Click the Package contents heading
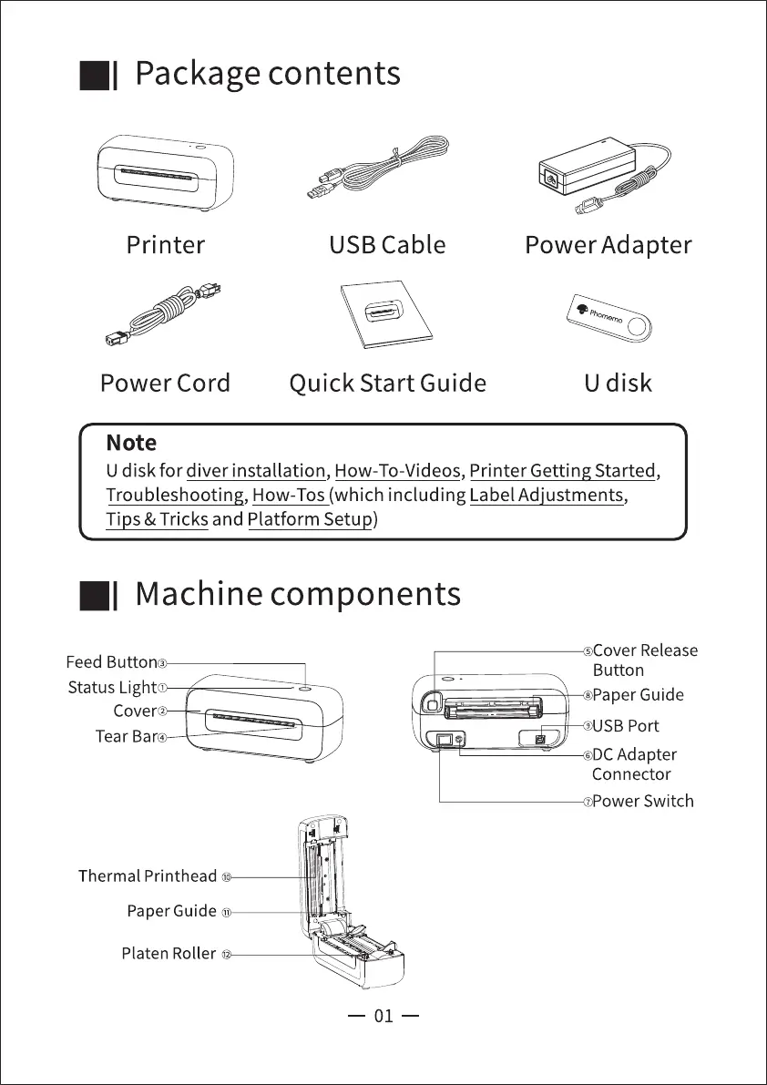267,74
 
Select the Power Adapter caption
608,245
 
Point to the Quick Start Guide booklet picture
386,316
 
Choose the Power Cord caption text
165,383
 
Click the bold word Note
131,444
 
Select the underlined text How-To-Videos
397,471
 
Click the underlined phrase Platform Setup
310,520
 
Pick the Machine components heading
297,594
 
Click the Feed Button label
111,662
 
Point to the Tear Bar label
126,736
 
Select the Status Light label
112,688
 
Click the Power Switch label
642,802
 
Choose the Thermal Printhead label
148,876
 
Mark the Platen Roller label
169,954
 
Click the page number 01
383,1016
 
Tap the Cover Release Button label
644,660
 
